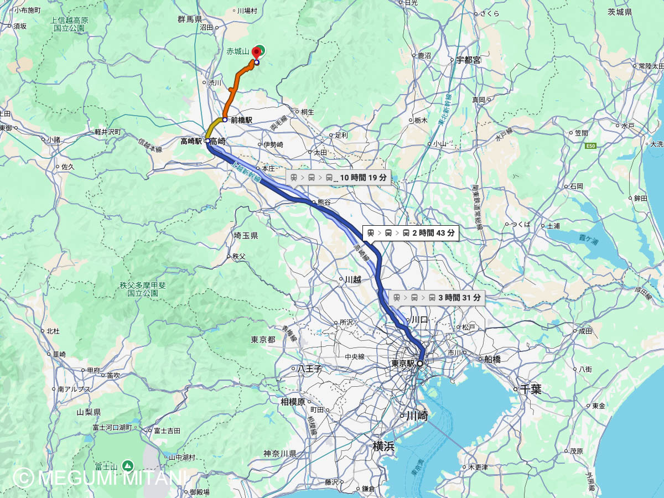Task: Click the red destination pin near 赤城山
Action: (256, 53)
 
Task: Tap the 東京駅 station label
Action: (403, 364)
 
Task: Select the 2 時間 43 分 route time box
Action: (411, 233)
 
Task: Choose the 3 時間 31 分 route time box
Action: (437, 298)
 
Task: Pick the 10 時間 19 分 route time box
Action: (338, 178)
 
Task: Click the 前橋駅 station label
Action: (241, 120)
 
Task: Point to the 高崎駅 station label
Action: (191, 141)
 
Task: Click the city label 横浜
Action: (383, 447)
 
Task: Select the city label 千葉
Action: (530, 390)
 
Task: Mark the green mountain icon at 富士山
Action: (128, 466)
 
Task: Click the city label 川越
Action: (353, 279)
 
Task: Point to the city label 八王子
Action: (310, 368)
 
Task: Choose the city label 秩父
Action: (238, 256)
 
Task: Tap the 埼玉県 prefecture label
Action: (246, 236)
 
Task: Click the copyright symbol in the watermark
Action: (23, 478)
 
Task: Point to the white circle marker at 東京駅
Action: (420, 364)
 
